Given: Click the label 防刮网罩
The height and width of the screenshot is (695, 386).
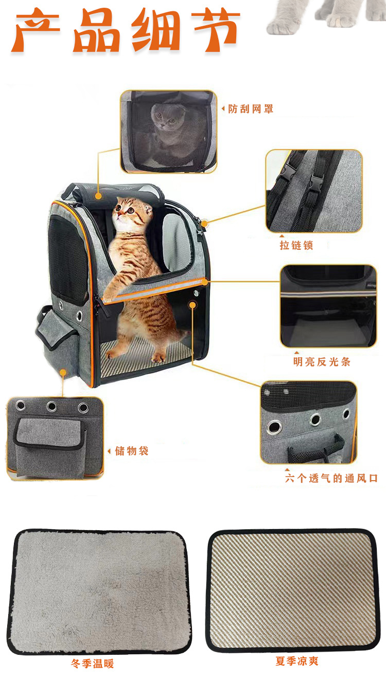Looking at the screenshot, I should pos(251,109).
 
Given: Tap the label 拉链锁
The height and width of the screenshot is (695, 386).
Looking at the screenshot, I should pos(296,245).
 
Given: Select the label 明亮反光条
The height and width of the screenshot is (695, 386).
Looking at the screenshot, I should pos(322,362).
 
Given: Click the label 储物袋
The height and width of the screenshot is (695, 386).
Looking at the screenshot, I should pos(132,451).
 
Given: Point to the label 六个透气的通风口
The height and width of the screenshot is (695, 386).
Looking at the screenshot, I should pos(331,478).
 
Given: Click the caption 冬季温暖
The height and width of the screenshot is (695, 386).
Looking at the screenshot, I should pos(93,664).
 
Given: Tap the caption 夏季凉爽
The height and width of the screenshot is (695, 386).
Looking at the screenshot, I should pos(297,661).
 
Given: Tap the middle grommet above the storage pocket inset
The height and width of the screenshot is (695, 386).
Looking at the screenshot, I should pos(52,406).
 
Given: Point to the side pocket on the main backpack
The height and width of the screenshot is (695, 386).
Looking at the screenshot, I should pos(58,340).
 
